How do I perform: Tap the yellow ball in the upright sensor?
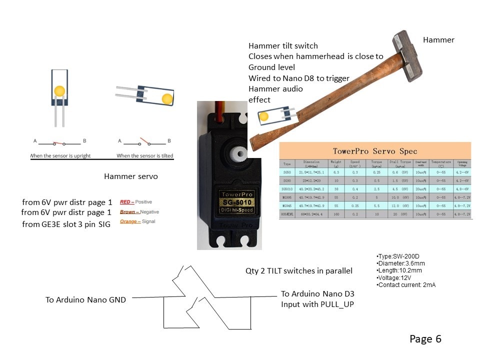coord(59,91)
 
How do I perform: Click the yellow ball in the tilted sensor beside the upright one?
coord(167,98)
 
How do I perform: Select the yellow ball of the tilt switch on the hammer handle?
coord(263,116)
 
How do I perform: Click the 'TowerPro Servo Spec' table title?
coord(375,151)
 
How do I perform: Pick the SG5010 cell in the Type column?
coord(287,188)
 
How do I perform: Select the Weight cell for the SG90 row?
coord(336,180)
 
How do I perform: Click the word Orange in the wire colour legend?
coord(129,221)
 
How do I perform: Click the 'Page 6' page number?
coord(425,339)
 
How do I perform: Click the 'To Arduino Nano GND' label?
coord(85,300)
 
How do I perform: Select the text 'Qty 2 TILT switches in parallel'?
coord(298,271)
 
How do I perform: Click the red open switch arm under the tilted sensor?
coord(144,140)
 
